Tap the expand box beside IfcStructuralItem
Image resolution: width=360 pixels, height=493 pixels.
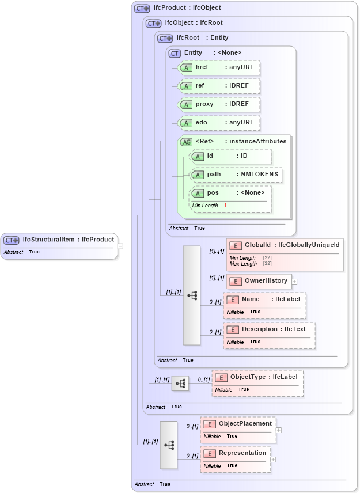(120, 246)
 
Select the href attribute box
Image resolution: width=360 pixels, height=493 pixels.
(219, 67)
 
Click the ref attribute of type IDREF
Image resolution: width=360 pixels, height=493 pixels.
(219, 86)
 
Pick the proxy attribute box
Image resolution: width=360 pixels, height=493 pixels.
(219, 104)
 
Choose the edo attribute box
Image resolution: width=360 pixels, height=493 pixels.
(219, 123)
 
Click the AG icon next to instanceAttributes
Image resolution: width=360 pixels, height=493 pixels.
(187, 142)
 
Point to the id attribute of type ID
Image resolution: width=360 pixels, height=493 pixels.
(230, 156)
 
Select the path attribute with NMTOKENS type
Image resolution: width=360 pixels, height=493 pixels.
(236, 175)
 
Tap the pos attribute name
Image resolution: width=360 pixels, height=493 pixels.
(213, 193)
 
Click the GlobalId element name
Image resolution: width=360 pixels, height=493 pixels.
(257, 245)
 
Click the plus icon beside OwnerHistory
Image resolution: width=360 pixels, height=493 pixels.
(295, 282)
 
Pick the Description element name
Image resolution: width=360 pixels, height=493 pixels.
(260, 329)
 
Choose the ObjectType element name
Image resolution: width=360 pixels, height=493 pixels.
(248, 377)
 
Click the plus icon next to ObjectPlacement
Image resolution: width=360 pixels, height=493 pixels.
(279, 430)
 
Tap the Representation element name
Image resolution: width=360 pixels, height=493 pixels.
(242, 453)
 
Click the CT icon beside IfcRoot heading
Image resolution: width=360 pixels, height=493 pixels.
(165, 38)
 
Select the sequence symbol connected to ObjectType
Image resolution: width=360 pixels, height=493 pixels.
(180, 382)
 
